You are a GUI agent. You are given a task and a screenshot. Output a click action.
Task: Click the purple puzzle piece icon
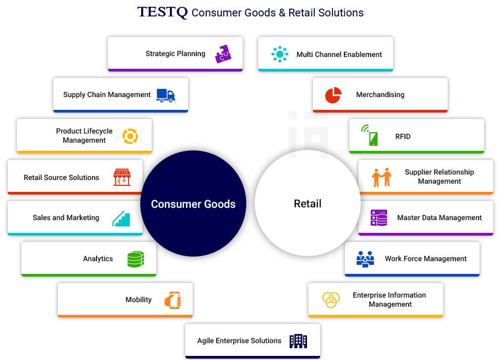click(223, 54)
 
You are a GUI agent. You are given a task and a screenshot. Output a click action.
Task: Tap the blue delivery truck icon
click(166, 95)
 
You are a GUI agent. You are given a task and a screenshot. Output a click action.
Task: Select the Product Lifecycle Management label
click(84, 136)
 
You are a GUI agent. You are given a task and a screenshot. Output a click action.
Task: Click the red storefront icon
click(122, 177)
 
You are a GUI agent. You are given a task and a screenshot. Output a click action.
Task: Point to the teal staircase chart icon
click(121, 218)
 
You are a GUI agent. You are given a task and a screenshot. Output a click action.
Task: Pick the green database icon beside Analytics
click(135, 259)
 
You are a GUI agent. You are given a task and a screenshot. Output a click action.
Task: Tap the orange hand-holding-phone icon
click(173, 300)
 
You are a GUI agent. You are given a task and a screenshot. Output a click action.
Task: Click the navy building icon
click(298, 341)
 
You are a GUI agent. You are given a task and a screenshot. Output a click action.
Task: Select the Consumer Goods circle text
click(193, 204)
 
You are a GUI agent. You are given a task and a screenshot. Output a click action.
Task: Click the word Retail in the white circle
click(307, 204)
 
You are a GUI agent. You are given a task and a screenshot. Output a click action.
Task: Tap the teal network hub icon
click(280, 54)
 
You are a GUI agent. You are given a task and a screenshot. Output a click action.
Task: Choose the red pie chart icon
click(333, 95)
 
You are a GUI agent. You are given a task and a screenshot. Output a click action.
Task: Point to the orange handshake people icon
click(381, 177)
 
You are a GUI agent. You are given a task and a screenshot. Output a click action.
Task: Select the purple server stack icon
click(379, 218)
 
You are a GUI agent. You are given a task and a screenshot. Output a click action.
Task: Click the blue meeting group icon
click(365, 259)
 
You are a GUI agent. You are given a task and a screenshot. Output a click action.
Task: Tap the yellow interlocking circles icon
click(331, 300)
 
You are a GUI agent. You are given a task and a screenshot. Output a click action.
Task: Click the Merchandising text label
click(380, 95)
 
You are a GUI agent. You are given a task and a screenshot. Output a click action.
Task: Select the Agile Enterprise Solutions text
click(239, 341)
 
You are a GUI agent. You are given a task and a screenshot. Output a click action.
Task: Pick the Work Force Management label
click(426, 259)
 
